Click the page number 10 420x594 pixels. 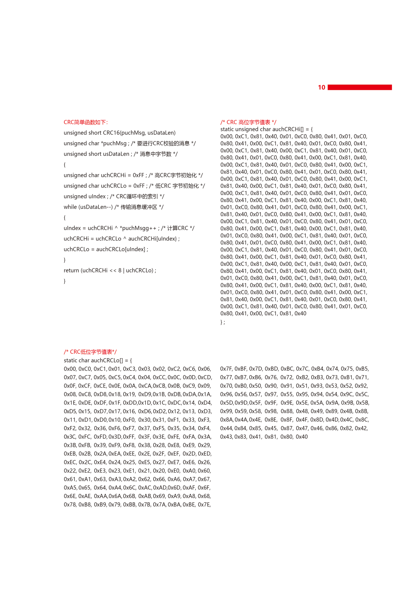click(321, 87)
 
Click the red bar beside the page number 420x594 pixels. click(360, 87)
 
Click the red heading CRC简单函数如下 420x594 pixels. click(86, 122)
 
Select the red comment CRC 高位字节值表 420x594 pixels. click(248, 122)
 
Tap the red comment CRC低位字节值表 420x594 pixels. click(90, 352)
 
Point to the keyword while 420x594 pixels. click(70, 207)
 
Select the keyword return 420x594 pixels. click(71, 270)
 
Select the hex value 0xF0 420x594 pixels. click(129, 420)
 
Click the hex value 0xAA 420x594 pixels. click(101, 496)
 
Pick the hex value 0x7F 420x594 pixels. click(226, 369)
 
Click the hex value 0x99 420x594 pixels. click(226, 411)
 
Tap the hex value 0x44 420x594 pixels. click(226, 428)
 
